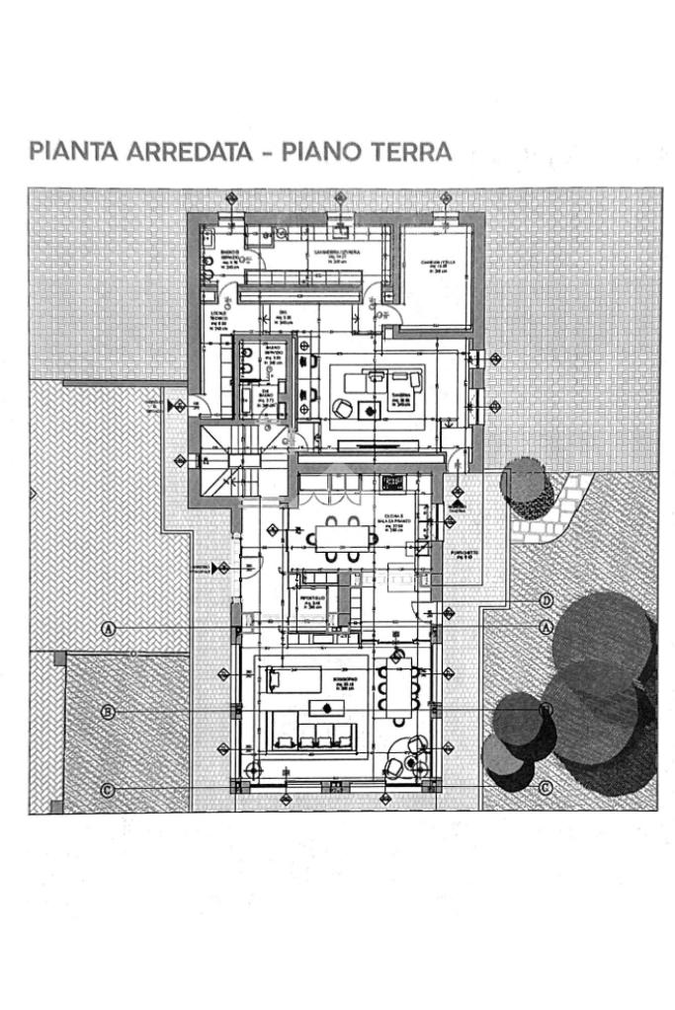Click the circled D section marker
(546, 600)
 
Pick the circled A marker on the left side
(108, 628)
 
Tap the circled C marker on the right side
(546, 788)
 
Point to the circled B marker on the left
(108, 711)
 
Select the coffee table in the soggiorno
(323, 706)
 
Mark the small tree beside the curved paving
(525, 488)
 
